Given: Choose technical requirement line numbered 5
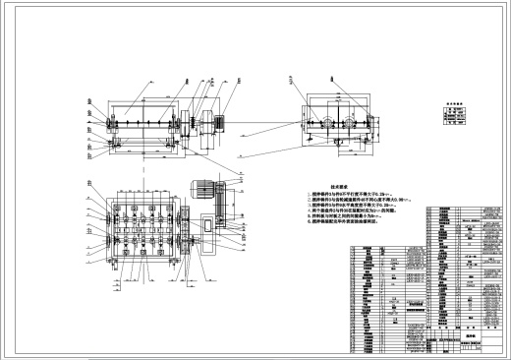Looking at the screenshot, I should click(349, 222).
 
